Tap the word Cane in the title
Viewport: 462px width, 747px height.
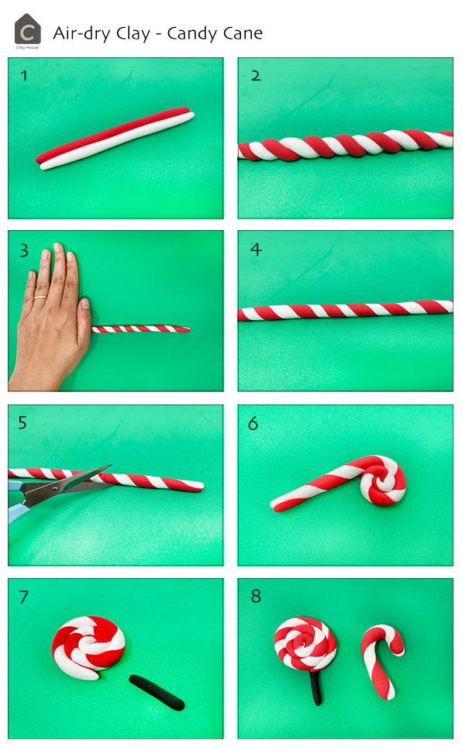(x=243, y=33)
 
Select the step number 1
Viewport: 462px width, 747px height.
(x=24, y=76)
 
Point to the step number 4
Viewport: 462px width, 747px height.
(x=256, y=250)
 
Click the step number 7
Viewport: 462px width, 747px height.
(x=24, y=597)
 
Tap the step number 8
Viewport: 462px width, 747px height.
(x=256, y=597)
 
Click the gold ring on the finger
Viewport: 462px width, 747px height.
(x=40, y=297)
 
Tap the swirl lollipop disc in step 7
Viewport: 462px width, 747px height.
(x=88, y=645)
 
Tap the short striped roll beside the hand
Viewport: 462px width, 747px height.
(x=140, y=329)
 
